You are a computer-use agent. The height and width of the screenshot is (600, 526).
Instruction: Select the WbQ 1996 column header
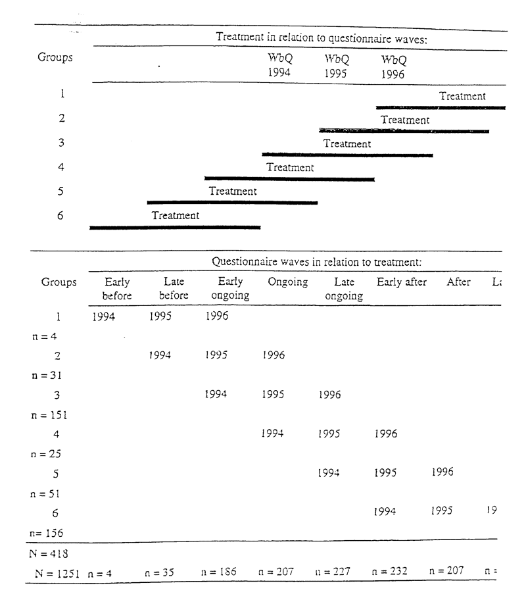394,66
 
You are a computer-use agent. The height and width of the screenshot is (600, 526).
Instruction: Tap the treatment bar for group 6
175,227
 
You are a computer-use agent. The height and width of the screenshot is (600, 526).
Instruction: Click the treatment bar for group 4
289,178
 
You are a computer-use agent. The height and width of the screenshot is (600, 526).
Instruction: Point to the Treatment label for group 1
463,96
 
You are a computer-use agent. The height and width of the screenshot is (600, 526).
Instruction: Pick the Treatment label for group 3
347,143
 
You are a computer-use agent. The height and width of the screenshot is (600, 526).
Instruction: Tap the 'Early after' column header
402,283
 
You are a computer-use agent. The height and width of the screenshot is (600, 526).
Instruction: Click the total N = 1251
57,570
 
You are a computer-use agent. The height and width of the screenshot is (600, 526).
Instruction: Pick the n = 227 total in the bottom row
337,570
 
